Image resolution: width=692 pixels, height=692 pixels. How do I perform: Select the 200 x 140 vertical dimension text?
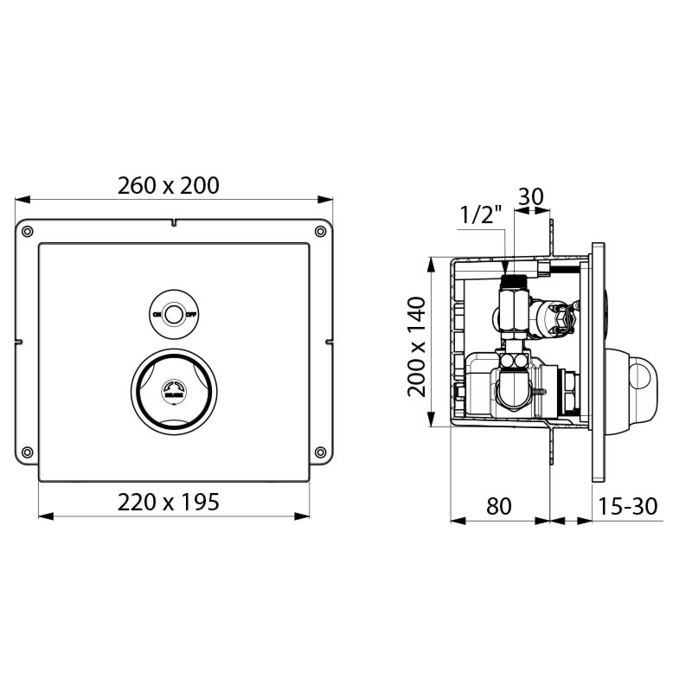point(417,346)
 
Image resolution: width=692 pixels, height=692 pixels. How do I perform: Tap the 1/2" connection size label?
point(481,215)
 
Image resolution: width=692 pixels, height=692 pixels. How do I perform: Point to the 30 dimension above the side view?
point(530,196)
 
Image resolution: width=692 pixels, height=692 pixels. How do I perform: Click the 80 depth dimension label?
point(498,506)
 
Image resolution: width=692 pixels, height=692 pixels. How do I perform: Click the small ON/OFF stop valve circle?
point(175,314)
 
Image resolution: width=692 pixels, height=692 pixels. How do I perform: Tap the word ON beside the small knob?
point(157,315)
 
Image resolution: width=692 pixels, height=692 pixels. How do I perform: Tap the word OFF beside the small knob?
point(192,315)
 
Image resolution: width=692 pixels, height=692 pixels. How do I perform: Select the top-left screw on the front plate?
point(28,231)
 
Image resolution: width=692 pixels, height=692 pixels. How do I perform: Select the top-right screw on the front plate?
point(321,231)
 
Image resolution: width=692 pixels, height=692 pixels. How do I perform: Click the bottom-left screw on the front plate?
point(28,452)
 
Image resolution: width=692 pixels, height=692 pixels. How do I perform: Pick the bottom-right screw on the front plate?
point(321,452)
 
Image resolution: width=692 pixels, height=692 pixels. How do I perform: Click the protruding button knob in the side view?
point(638,374)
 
